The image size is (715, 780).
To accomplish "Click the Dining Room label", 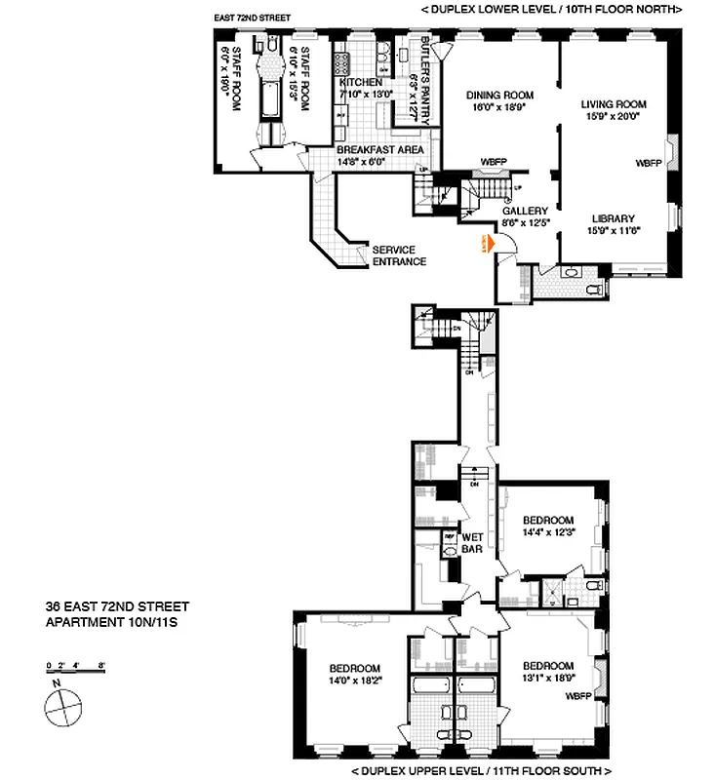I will pyautogui.click(x=498, y=95).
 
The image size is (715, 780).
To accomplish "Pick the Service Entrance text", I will pyautogui.click(x=399, y=255).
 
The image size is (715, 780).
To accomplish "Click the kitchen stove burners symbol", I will pyautogui.click(x=343, y=64).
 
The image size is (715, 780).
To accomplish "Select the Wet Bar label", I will pyautogui.click(x=473, y=542).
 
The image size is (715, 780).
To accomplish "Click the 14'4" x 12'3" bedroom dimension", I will pyautogui.click(x=547, y=532).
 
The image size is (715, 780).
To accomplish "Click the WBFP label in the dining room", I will pyautogui.click(x=494, y=162).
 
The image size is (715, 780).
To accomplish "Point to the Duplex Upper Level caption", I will pyautogui.click(x=476, y=770).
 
